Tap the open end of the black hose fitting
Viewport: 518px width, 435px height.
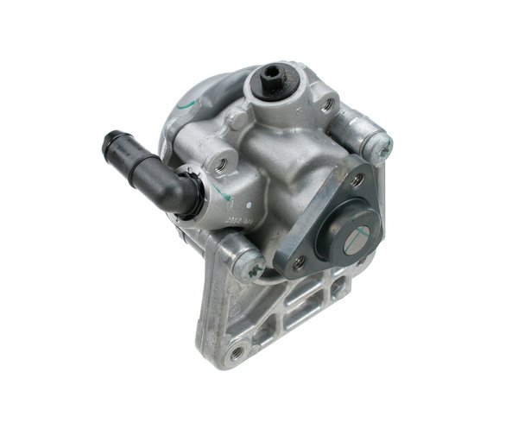(x=110, y=139)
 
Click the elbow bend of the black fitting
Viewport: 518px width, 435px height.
(x=185, y=194)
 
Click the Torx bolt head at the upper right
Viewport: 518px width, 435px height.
(x=376, y=140)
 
